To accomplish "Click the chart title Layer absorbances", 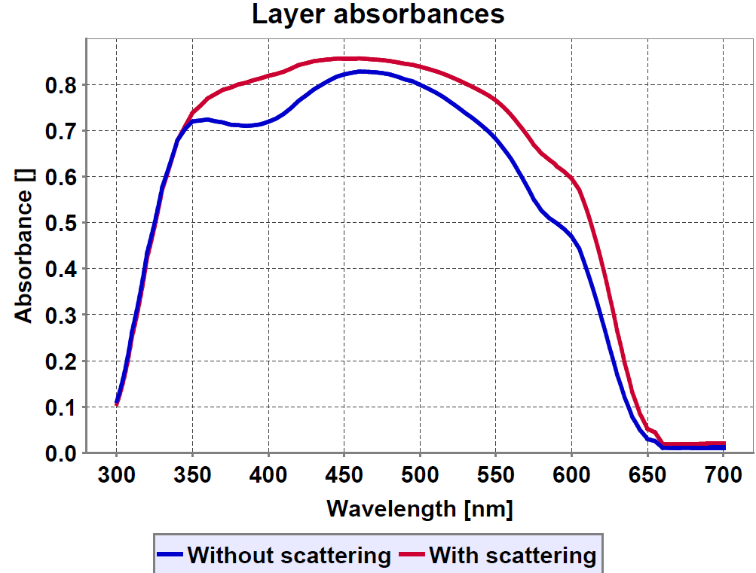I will click(378, 14).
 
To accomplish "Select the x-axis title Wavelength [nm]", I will click(420, 508).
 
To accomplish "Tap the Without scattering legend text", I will click(289, 556).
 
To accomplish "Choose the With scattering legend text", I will click(513, 556).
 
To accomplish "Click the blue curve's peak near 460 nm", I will click(360, 72).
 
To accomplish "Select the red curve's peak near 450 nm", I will click(344, 58).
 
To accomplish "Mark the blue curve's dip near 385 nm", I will click(246, 126).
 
